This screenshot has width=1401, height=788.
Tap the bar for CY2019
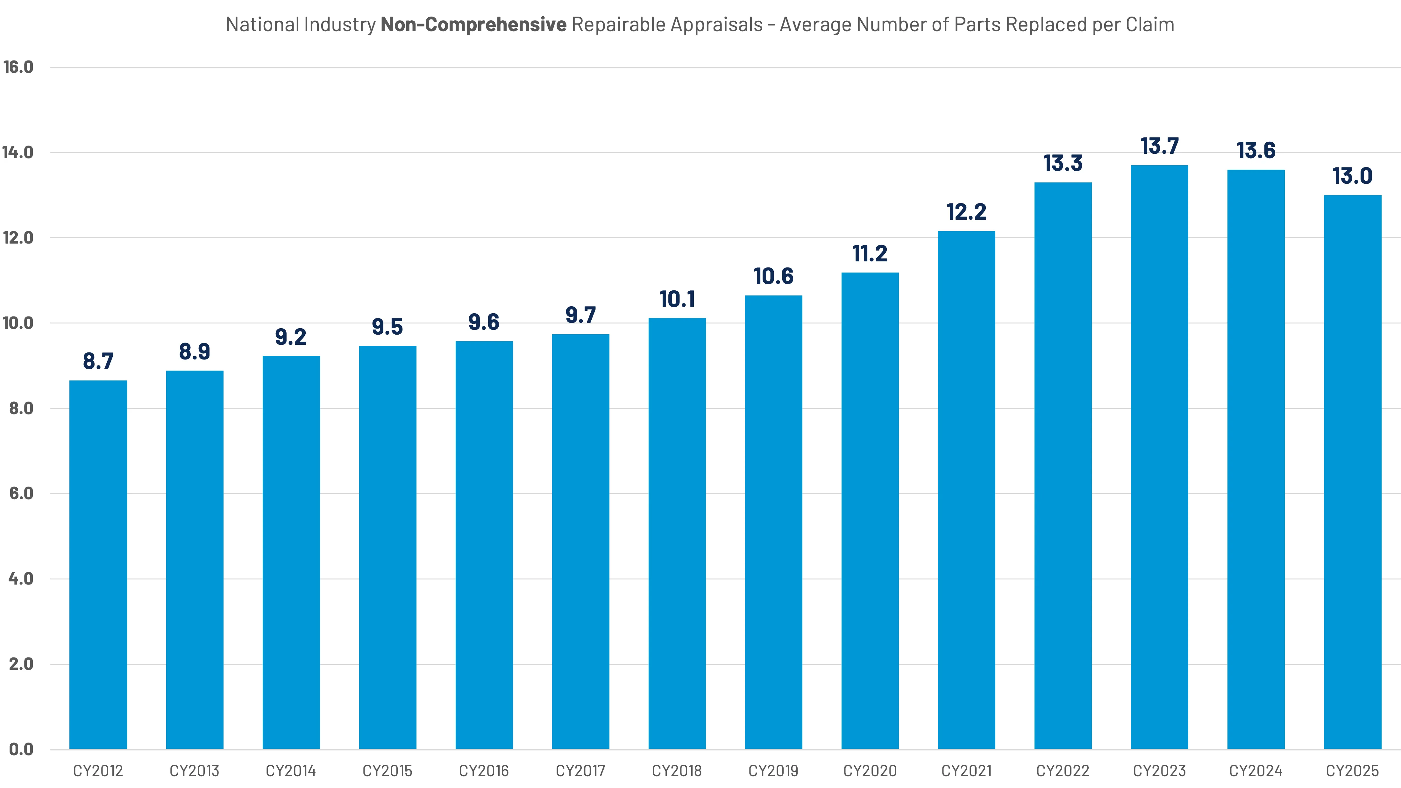coord(773,522)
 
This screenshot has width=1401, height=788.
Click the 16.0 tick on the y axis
coord(18,67)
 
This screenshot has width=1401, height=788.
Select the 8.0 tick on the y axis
coord(21,408)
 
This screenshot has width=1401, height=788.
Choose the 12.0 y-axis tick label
coord(18,238)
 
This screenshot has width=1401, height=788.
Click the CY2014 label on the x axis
coord(291,770)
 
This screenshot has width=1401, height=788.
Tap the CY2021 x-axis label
coord(966,770)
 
